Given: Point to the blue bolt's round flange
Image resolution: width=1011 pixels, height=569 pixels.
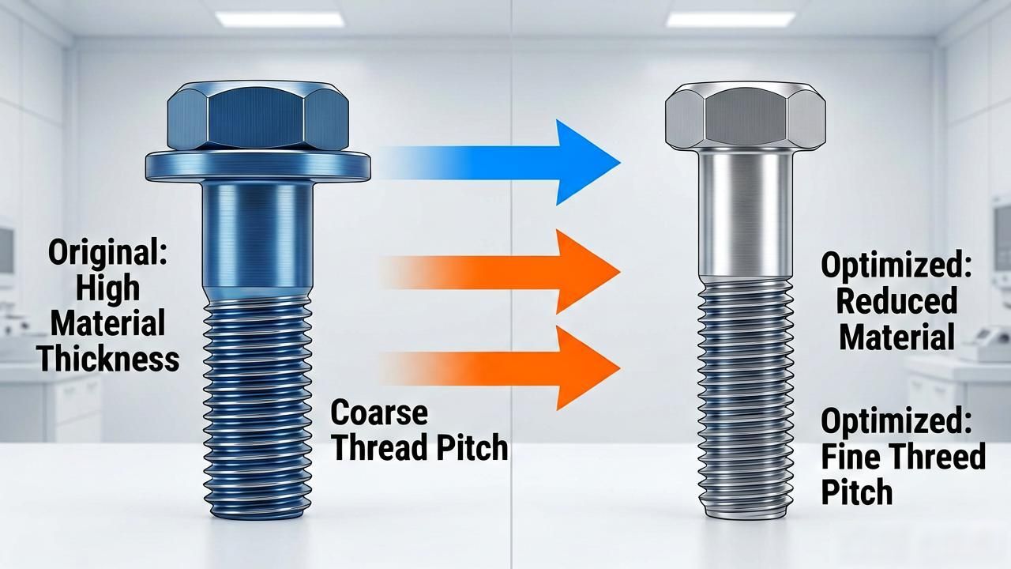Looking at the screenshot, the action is point(257,166).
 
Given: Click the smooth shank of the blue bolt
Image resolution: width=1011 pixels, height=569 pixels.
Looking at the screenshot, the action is point(257,239).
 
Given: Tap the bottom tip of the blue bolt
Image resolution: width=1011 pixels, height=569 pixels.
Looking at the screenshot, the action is point(257,516).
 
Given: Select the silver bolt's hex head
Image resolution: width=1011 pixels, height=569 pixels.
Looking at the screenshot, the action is point(745,116).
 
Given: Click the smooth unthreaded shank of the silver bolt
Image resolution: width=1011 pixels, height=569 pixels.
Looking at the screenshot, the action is point(745,214).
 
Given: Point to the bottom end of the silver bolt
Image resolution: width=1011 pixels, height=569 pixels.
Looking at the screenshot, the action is point(745,516).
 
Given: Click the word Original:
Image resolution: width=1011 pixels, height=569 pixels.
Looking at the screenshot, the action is point(107,254).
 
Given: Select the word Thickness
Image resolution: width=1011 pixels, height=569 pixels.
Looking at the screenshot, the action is point(108,359).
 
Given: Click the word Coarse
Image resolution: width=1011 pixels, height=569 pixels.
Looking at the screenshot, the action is point(379,413).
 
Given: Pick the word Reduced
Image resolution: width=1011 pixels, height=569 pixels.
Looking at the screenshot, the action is point(896,301).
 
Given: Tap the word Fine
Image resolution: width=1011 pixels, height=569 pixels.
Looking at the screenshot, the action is point(851,456).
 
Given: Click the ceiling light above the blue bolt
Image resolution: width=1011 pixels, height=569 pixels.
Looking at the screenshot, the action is point(280,20).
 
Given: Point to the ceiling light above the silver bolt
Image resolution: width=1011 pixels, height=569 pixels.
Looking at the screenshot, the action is point(731,20).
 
